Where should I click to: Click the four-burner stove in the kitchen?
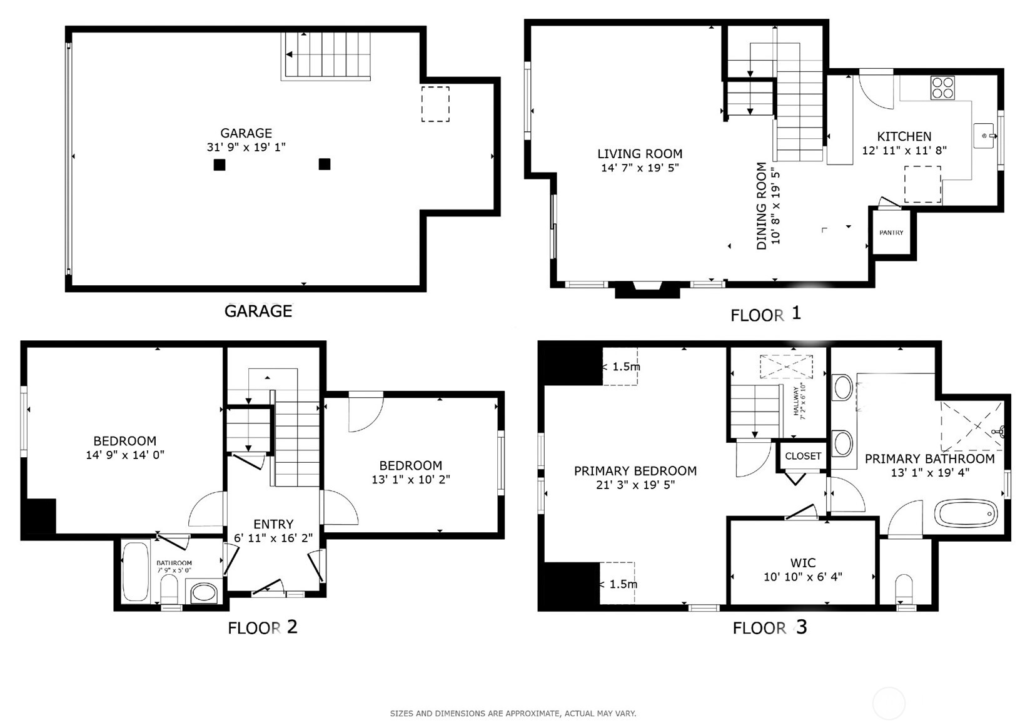(942, 88)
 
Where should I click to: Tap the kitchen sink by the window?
(983, 136)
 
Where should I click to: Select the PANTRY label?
(891, 233)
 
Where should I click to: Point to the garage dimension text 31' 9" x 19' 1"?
(246, 147)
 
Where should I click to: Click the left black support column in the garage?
(220, 164)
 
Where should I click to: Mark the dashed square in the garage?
(435, 104)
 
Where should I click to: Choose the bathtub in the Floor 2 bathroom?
(136, 571)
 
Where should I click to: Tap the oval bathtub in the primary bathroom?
(966, 513)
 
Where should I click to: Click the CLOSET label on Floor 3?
(803, 456)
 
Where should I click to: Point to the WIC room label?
(803, 562)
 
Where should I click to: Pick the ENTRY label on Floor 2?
(273, 524)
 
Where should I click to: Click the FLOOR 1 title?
(765, 314)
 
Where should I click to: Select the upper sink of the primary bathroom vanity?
(843, 387)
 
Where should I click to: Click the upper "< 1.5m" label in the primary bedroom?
(621, 367)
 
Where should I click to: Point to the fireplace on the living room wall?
(647, 290)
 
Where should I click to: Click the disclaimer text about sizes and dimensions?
(513, 713)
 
